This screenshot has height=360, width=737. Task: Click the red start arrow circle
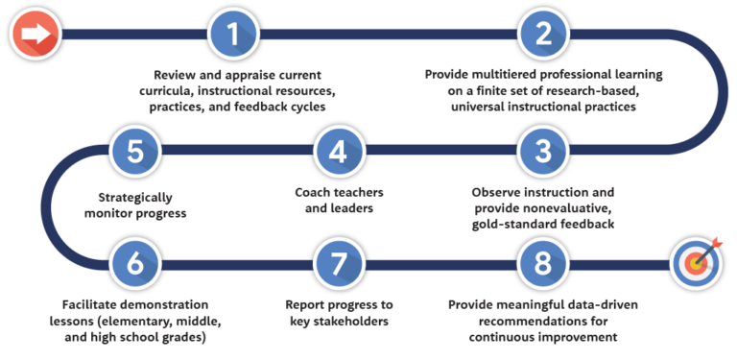click(36, 34)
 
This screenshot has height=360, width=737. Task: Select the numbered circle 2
click(543, 34)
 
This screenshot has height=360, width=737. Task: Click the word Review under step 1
click(176, 74)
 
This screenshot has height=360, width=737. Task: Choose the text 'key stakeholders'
click(339, 322)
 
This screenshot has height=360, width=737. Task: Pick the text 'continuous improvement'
click(544, 337)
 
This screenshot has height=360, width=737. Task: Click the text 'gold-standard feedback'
click(544, 223)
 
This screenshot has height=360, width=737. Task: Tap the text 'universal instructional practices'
click(544, 107)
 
